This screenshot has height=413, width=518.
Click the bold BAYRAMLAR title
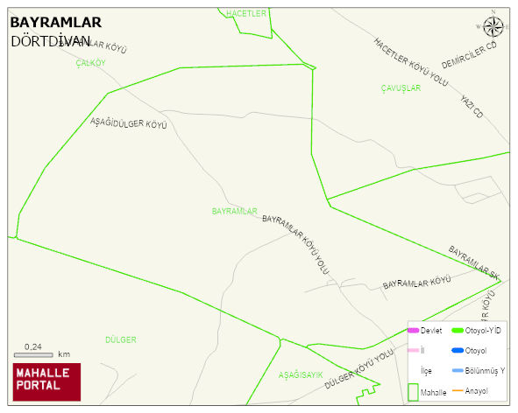[56, 23]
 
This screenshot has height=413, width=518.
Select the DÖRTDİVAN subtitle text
[50, 40]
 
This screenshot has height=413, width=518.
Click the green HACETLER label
[245, 14]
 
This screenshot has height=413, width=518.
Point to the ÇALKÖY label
[90, 63]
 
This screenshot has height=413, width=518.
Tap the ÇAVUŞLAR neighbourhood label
[401, 87]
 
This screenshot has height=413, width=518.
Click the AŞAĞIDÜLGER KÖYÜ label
[129, 122]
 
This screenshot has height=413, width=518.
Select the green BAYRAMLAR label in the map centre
[234, 212]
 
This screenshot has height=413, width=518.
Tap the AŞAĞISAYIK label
[301, 374]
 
